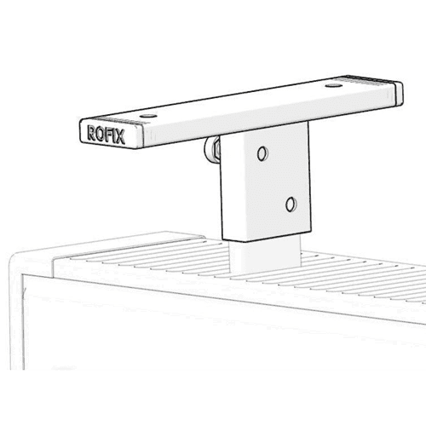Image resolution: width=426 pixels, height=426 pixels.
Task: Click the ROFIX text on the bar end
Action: [x=106, y=135]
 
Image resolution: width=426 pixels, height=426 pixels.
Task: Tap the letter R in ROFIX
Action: [x=91, y=132]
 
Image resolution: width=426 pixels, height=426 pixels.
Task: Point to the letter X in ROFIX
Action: [x=120, y=137]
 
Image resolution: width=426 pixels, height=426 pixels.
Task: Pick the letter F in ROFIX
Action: [x=108, y=135]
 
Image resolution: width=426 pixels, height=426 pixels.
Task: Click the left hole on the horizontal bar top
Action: [x=148, y=116]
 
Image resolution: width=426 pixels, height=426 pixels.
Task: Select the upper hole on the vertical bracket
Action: [x=262, y=153]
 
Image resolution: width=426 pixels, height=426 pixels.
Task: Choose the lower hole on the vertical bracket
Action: [x=291, y=204]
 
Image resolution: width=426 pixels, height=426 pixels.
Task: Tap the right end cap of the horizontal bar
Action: [x=399, y=94]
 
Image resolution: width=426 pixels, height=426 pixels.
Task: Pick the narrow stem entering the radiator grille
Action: [x=266, y=256]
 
